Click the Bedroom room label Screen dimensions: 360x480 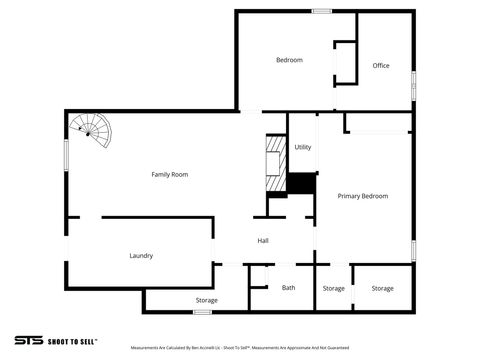[289, 60]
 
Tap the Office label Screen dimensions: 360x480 [381, 66]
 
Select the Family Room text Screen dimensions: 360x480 [170, 175]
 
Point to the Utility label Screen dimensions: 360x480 [303, 147]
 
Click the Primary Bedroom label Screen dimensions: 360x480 [362, 196]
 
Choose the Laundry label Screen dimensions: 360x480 [141, 256]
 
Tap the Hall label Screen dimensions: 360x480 [263, 241]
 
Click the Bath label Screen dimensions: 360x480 [288, 288]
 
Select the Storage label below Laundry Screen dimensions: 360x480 [207, 300]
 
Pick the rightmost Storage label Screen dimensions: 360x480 [382, 289]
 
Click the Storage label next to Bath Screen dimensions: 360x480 [334, 289]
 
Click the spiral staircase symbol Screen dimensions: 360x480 [90, 130]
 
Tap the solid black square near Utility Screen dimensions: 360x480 [301, 184]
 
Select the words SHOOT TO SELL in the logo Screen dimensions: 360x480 [71, 341]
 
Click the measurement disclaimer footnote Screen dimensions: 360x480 [239, 348]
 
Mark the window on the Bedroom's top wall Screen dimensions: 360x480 [321, 11]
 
